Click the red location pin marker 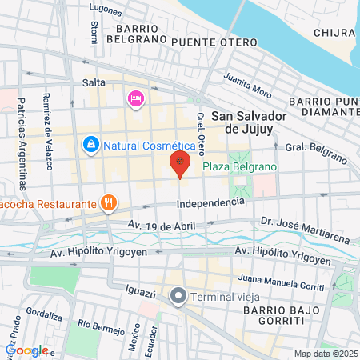point(181,165)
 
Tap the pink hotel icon point(135,98)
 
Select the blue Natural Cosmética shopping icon point(90,145)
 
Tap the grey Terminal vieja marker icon point(178,296)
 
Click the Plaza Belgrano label point(238,167)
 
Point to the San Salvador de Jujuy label point(250,120)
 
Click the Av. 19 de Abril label point(161,226)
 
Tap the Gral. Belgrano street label point(307,148)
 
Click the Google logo point(26,350)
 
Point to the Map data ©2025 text point(325,354)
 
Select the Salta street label point(94,82)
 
